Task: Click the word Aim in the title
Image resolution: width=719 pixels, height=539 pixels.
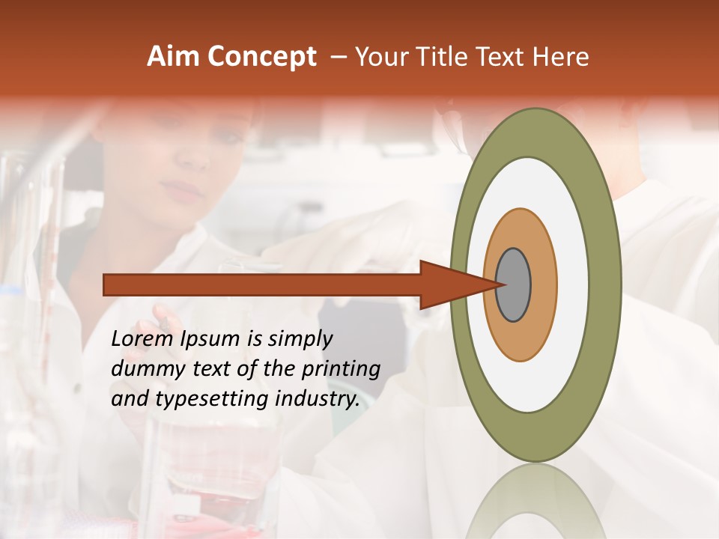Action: click(x=173, y=56)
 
